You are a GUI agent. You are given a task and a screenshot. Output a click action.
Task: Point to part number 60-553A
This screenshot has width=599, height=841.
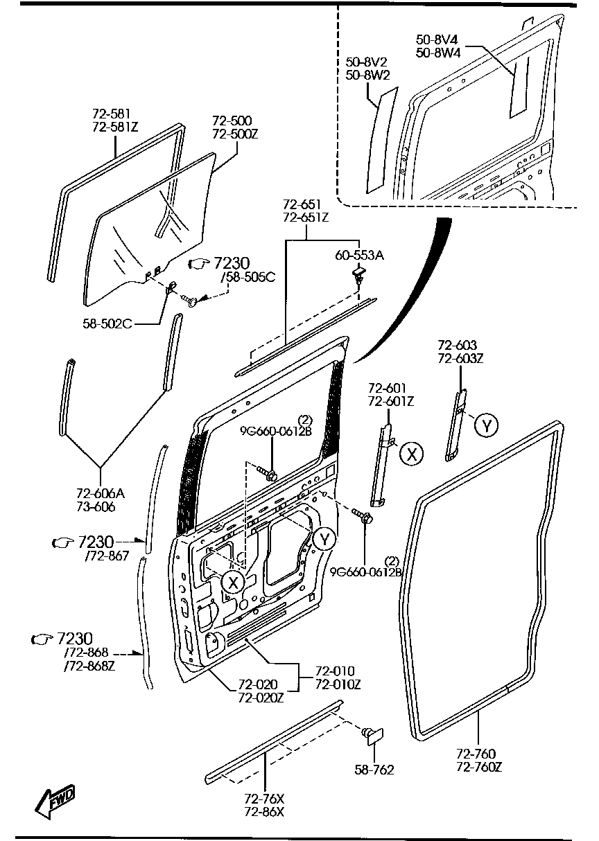pyautogui.click(x=359, y=256)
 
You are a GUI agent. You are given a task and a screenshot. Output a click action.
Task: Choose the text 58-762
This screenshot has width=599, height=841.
pyautogui.click(x=374, y=769)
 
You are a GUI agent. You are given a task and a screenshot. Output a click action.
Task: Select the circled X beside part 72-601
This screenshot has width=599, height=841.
pyautogui.click(x=413, y=454)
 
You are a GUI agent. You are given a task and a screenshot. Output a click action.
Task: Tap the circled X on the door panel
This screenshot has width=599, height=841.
pyautogui.click(x=234, y=582)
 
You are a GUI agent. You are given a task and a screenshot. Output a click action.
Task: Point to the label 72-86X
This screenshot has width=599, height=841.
pyautogui.click(x=264, y=812)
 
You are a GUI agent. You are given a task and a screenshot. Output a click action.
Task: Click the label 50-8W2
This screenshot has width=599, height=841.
pyautogui.click(x=367, y=74)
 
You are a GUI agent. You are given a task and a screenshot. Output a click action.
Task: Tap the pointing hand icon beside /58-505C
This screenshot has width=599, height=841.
pyautogui.click(x=199, y=263)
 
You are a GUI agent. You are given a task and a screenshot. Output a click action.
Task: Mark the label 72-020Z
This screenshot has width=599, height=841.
pyautogui.click(x=261, y=698)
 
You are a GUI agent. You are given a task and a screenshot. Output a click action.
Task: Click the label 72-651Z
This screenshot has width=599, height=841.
pyautogui.click(x=306, y=218)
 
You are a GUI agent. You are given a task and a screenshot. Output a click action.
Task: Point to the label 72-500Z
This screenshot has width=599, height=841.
pyautogui.click(x=234, y=133)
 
